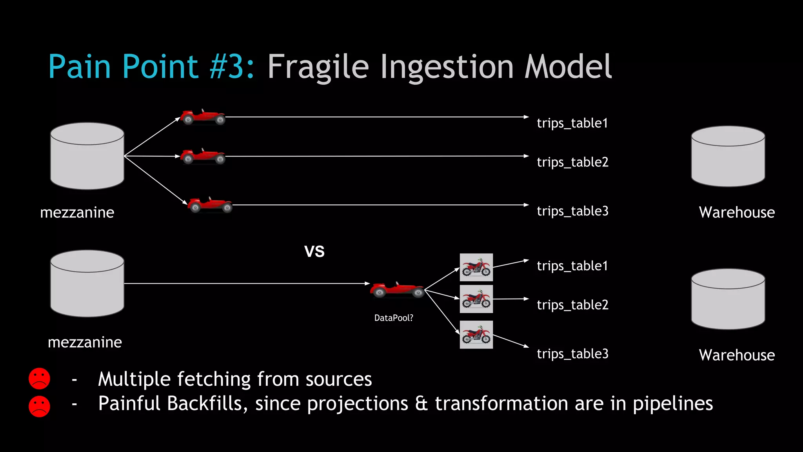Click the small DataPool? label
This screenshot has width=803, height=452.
pos(394,318)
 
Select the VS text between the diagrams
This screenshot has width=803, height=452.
pos(314,251)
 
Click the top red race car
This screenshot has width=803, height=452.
pos(203,117)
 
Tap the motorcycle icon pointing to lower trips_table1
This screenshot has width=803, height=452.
pos(476,267)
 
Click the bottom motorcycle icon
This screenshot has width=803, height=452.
pos(476,335)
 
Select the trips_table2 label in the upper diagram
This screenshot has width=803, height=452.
pos(572,162)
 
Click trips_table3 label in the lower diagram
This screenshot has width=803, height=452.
pos(572,354)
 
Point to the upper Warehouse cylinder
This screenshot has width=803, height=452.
pos(728,156)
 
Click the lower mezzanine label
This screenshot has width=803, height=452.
pos(85,342)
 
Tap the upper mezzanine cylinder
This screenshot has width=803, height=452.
pos(87,156)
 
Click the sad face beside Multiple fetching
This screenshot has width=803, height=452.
pos(39,379)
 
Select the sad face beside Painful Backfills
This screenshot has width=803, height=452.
pos(39,406)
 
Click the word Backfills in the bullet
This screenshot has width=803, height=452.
pos(207,403)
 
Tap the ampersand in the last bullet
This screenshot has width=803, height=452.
pos(421,403)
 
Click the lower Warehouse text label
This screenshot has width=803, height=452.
pos(736,355)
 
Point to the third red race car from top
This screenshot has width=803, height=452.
pos(210,205)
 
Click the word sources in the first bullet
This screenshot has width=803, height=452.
pos(338,379)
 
